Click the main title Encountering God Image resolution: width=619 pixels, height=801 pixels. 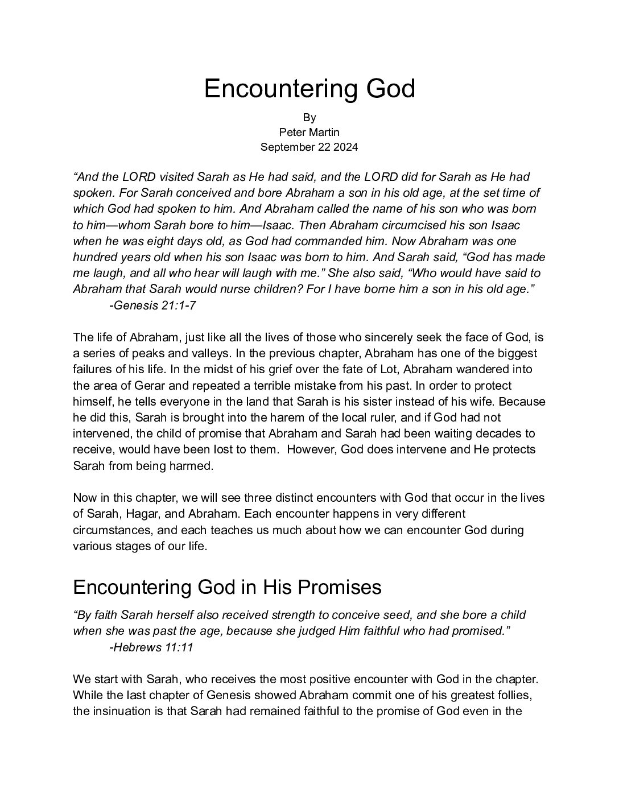(309, 89)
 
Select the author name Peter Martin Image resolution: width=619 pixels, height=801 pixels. (309, 132)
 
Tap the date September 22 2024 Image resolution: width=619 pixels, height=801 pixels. (309, 147)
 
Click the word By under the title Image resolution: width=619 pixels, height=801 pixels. (309, 118)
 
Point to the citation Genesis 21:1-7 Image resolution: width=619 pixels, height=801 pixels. (153, 305)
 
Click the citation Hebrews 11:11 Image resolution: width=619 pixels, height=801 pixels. (151, 647)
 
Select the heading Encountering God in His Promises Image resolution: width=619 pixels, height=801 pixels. (227, 587)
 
